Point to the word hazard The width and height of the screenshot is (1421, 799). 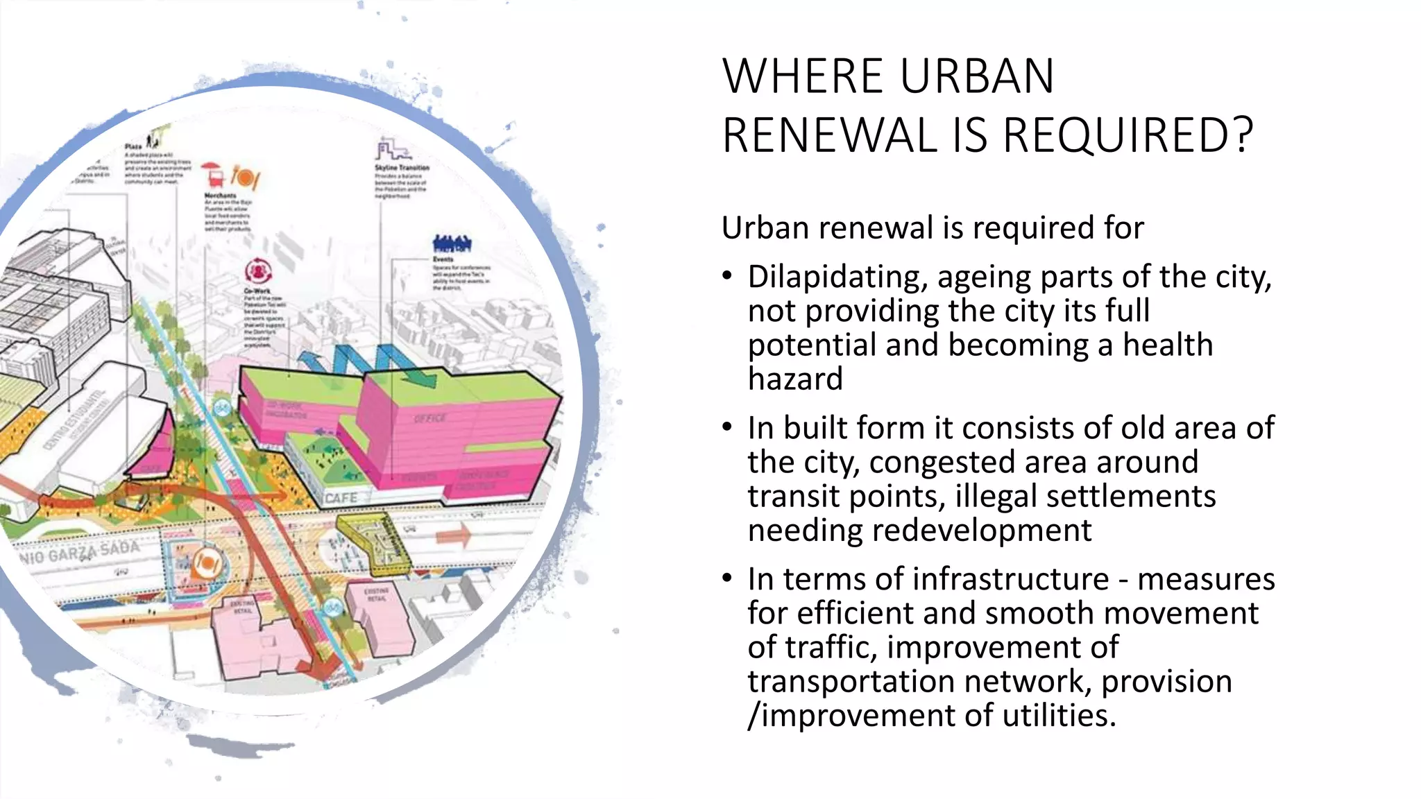click(795, 379)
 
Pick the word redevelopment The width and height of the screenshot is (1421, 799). click(982, 531)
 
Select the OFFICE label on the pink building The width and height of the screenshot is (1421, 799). click(430, 418)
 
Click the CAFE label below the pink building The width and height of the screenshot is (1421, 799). click(341, 498)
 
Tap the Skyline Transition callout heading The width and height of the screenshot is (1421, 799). click(402, 168)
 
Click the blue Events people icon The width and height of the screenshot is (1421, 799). click(452, 243)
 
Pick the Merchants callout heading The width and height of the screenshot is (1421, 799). click(220, 196)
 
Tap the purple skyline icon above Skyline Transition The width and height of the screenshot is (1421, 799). click(393, 149)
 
